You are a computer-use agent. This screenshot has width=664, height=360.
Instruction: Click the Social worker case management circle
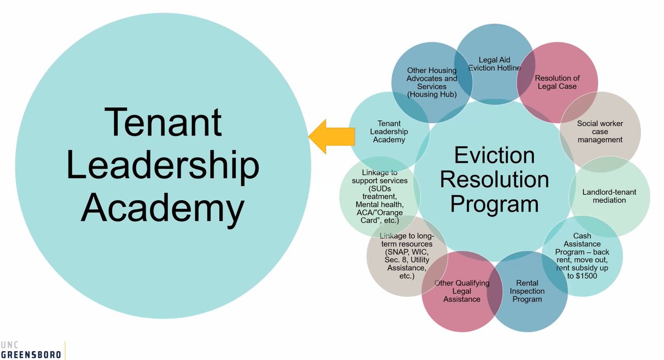click(x=600, y=132)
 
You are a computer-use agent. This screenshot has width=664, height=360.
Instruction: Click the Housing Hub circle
click(x=432, y=83)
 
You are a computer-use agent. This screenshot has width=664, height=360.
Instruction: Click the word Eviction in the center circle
click(x=494, y=155)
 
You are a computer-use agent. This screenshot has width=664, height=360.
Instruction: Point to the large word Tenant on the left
click(x=163, y=122)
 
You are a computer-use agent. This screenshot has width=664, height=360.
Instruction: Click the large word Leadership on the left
click(x=163, y=164)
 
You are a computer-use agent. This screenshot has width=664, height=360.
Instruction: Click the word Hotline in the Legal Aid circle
click(x=509, y=68)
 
